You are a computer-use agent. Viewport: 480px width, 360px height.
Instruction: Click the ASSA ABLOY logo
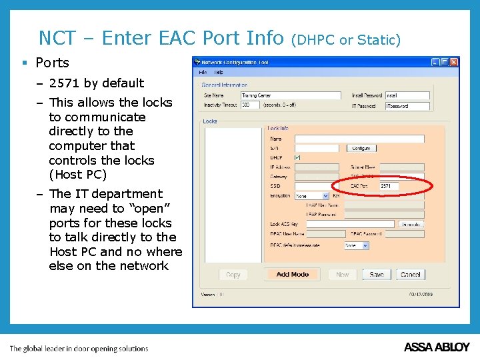[x=437, y=347]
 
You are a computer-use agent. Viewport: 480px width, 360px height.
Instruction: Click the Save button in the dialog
[x=377, y=275]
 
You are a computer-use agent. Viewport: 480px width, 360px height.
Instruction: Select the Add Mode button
[x=293, y=275]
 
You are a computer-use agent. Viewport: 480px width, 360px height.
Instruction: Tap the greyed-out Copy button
[x=233, y=275]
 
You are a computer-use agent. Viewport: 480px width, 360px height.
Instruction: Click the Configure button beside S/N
[x=361, y=148]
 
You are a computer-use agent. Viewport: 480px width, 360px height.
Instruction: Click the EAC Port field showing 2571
[x=389, y=186]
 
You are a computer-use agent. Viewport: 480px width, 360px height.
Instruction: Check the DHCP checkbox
[x=297, y=157]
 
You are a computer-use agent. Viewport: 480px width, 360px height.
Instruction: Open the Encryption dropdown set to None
[x=312, y=196]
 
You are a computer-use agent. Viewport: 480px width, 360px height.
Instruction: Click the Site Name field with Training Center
[x=290, y=96]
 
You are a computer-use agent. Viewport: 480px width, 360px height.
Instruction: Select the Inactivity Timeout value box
[x=250, y=105]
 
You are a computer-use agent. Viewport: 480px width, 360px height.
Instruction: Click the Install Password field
[x=407, y=96]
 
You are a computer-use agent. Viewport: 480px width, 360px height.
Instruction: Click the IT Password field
[x=407, y=106]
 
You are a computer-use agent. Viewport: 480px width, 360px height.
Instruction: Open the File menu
[x=203, y=72]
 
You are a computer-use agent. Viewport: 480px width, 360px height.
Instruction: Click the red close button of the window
[x=454, y=62]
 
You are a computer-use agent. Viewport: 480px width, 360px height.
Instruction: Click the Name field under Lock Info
[x=359, y=139]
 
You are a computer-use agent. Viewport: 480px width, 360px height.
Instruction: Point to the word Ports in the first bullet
[x=52, y=63]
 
